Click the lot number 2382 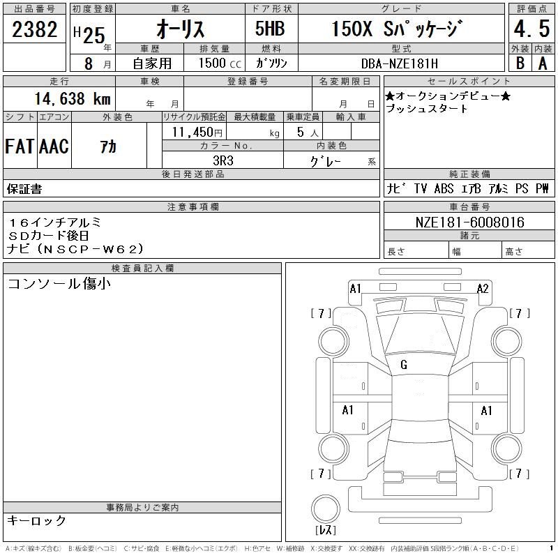coord(34,29)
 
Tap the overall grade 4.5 coord(531,29)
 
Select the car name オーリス coord(181,29)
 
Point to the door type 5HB coord(270,29)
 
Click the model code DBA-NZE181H coord(400,63)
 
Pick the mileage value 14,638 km coord(73,98)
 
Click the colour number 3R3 coord(223,161)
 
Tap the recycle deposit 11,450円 coord(197,133)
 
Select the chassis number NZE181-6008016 coord(469,223)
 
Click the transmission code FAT coord(20,146)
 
